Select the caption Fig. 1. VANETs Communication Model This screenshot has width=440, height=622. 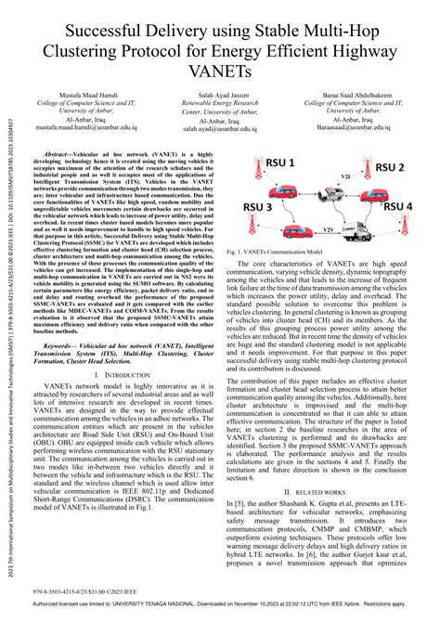(x=281, y=251)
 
